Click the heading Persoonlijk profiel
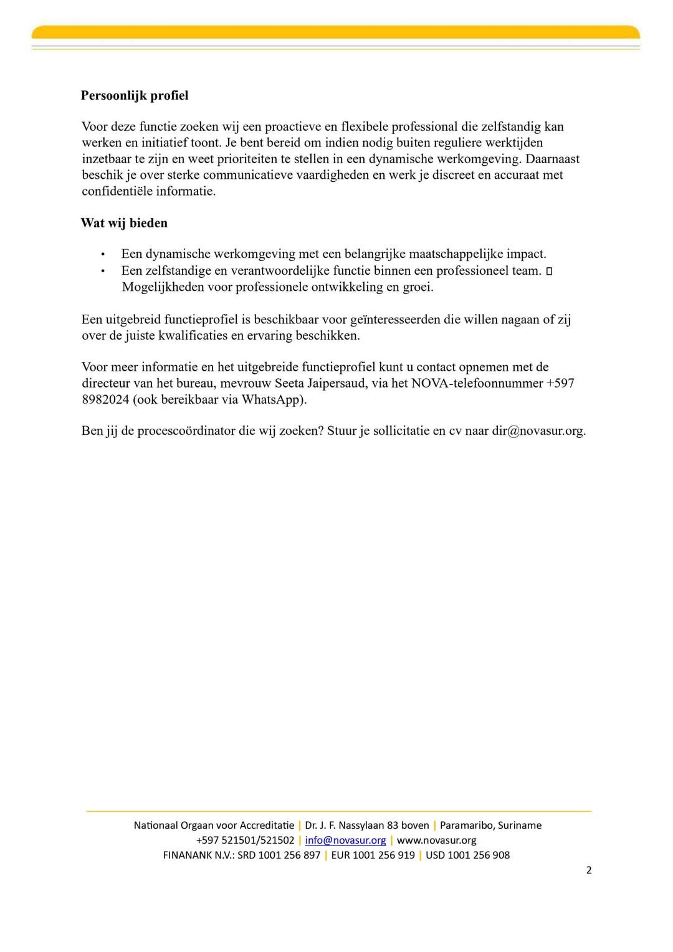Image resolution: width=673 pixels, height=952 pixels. [x=135, y=96]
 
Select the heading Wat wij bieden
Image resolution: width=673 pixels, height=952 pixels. [x=124, y=223]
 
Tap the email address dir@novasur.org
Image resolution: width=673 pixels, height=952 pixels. [x=538, y=431]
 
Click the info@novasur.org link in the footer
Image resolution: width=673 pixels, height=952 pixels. [x=345, y=840]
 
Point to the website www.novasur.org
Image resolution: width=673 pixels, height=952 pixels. [x=436, y=840]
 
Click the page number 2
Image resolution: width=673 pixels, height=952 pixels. [x=589, y=870]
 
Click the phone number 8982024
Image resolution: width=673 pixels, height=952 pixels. [x=105, y=399]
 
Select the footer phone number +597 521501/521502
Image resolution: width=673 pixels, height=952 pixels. [x=245, y=840]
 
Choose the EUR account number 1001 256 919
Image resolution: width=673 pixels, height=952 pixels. [x=383, y=855]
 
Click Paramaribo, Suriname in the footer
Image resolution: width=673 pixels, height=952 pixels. [x=490, y=825]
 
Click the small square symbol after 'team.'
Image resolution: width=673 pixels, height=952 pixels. [x=549, y=271]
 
